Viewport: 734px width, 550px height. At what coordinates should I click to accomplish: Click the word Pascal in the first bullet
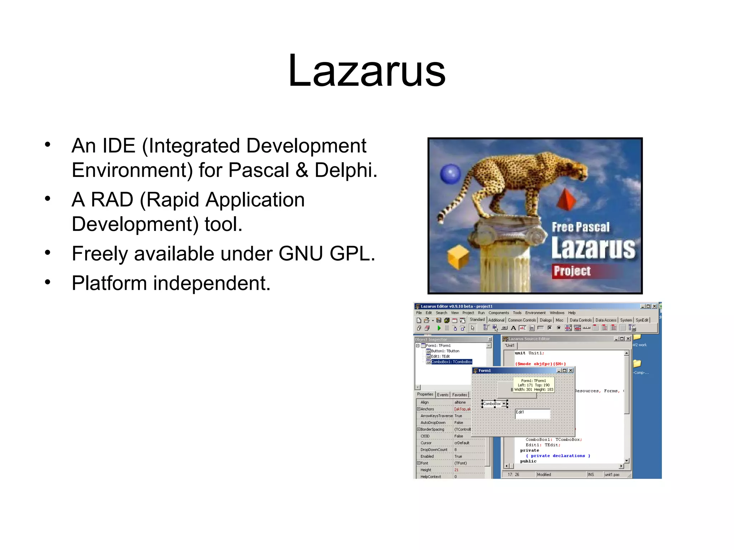click(258, 170)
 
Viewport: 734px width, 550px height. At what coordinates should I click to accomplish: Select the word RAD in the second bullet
click(112, 199)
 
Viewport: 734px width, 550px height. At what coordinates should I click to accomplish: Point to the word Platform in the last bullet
click(109, 283)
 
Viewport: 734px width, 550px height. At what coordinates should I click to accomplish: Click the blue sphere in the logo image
click(451, 174)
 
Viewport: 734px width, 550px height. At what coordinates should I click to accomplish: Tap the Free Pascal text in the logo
click(580, 227)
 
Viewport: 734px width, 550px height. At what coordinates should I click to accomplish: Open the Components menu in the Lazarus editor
click(498, 313)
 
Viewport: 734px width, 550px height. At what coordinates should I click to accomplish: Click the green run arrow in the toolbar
click(439, 328)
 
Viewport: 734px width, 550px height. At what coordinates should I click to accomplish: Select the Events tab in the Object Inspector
click(443, 395)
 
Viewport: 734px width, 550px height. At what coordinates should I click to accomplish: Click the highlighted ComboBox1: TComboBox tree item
click(451, 362)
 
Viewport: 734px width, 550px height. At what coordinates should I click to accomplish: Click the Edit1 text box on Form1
click(532, 414)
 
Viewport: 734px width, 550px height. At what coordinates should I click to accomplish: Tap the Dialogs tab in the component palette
click(545, 320)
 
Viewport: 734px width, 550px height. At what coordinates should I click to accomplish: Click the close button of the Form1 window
click(571, 371)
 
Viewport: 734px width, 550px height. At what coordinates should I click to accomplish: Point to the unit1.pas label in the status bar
click(612, 475)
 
